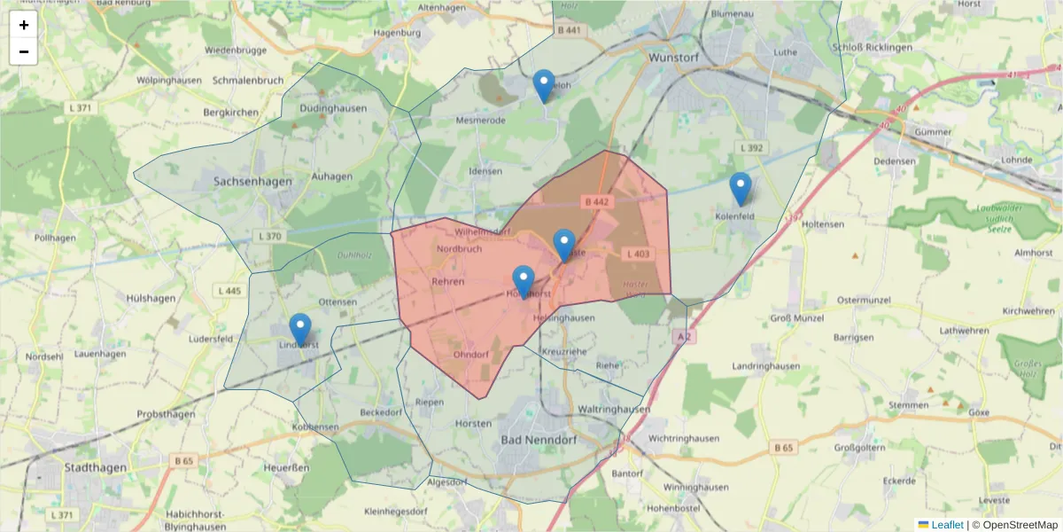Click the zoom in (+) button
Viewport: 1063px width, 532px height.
point(24,25)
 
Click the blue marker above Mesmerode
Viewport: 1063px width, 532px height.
point(544,86)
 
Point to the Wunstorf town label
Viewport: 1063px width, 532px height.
point(675,56)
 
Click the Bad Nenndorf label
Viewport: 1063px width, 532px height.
point(535,440)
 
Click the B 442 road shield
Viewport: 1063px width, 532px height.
point(597,202)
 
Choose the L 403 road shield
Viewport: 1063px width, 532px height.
point(638,254)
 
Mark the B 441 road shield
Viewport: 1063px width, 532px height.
point(570,30)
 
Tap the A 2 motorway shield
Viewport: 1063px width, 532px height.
point(683,337)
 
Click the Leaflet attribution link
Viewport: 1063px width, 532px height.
point(947,525)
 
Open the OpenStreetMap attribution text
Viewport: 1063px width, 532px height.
point(1020,525)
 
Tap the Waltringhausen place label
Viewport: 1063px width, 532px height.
point(613,410)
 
